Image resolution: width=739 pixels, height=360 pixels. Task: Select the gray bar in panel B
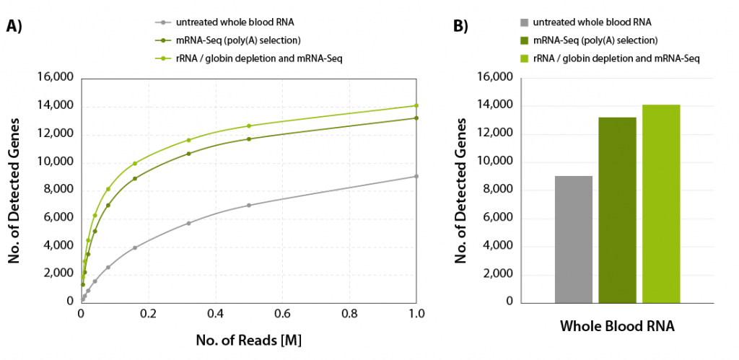click(574, 239)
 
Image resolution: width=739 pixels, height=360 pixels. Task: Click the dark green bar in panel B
click(618, 209)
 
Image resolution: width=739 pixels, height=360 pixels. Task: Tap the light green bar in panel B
click(661, 203)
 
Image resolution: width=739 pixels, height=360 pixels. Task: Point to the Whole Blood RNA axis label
click(617, 326)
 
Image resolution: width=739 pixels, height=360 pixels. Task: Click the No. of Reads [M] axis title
click(249, 338)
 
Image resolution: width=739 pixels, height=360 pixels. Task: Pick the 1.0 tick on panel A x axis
click(416, 315)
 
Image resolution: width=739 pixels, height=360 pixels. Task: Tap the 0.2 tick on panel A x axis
click(148, 315)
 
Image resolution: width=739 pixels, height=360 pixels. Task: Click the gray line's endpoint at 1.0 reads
click(416, 176)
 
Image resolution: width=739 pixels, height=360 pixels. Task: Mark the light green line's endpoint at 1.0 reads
click(416, 105)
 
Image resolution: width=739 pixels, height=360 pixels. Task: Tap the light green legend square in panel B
click(523, 57)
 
